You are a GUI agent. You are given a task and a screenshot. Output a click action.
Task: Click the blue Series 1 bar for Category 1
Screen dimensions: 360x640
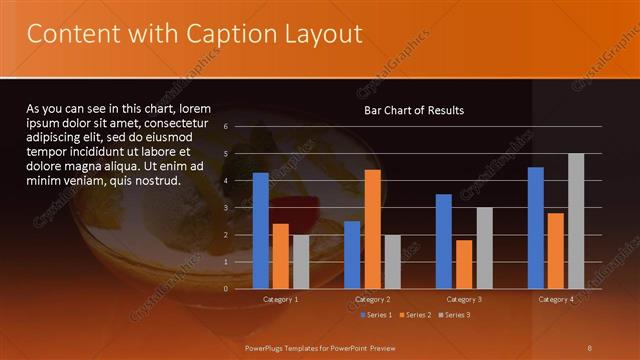coord(260,231)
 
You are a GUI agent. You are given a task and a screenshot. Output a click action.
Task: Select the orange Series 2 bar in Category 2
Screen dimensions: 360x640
coord(372,229)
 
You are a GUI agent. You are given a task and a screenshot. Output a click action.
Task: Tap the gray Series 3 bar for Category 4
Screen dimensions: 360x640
coord(576,221)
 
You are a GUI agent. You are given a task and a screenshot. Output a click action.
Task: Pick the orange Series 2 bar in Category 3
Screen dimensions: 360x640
coord(464,264)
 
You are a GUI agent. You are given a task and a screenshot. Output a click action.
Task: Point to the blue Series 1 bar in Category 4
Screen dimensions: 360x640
coord(536,228)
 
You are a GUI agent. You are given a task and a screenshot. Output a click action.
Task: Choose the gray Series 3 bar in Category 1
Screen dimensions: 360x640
coord(300,262)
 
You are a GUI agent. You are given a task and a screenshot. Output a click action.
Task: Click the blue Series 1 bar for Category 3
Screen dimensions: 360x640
coord(444,241)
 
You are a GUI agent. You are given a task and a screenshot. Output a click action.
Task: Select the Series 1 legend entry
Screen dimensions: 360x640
coord(375,315)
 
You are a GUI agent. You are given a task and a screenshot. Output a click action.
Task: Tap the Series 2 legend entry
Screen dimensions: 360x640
coord(413,315)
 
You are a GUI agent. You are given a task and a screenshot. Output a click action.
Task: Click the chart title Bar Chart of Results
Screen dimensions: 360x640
coord(413,110)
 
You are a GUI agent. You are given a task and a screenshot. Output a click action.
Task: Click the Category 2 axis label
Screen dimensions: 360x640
coord(372,299)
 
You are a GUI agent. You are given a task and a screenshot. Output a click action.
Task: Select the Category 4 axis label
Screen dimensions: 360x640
coord(556,299)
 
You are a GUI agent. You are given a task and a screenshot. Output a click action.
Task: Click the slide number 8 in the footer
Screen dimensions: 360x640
coord(590,347)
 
